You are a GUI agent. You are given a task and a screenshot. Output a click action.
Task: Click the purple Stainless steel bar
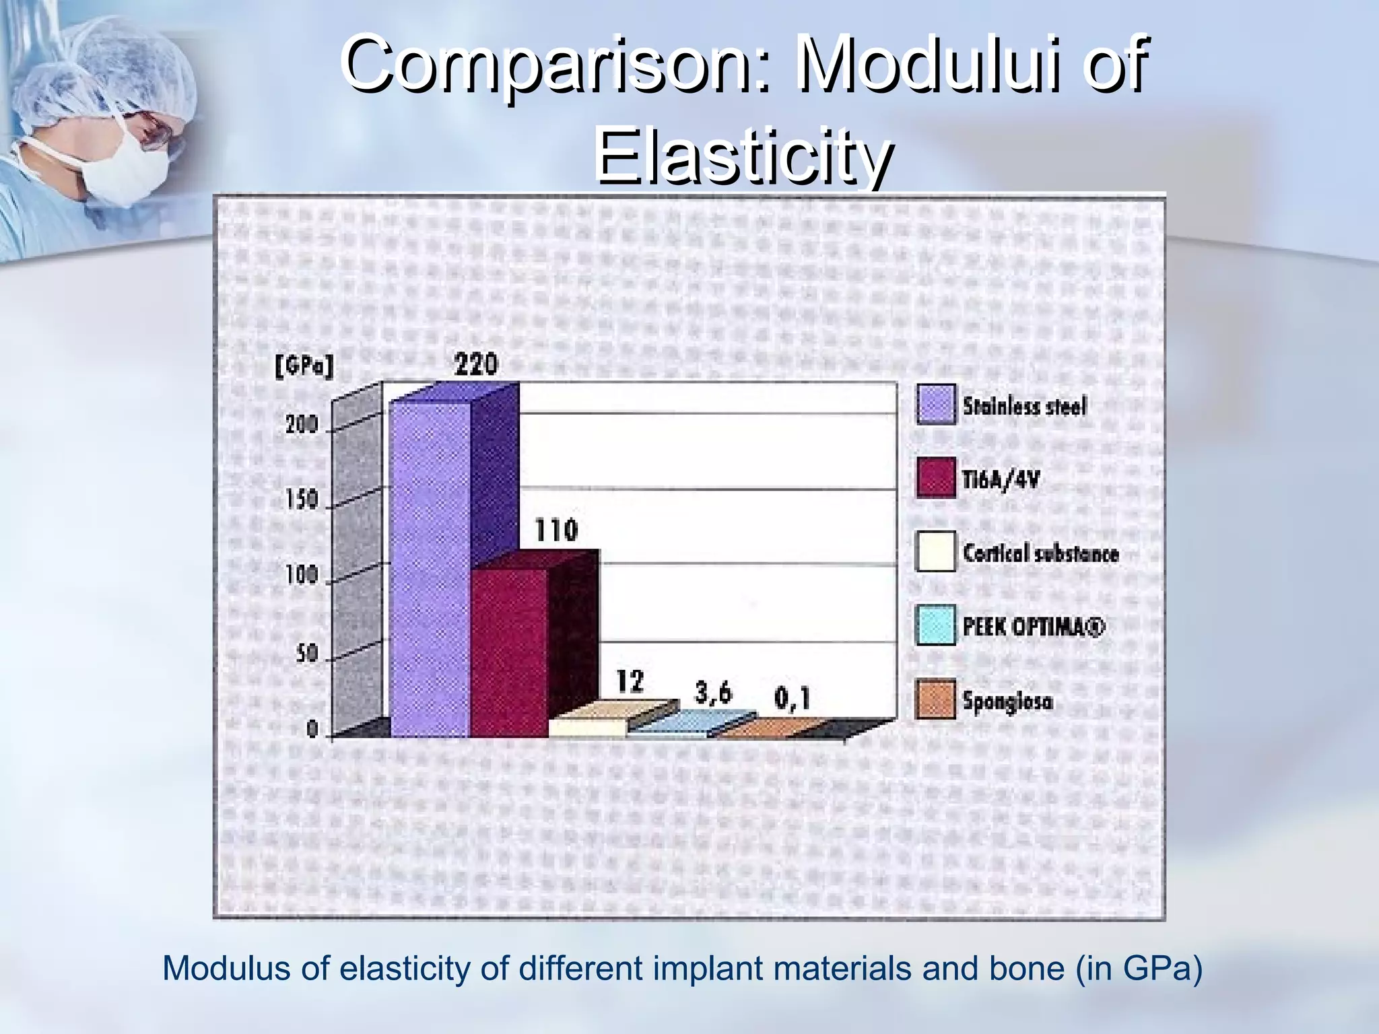pos(431,569)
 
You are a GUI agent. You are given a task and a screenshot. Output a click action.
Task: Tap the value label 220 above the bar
pos(476,365)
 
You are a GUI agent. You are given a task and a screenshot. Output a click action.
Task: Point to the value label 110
pos(556,530)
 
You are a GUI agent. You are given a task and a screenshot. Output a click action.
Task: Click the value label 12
pos(630,682)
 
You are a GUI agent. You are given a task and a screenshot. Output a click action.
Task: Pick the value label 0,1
pos(792,699)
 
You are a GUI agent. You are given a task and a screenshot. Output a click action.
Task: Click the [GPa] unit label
pos(304,368)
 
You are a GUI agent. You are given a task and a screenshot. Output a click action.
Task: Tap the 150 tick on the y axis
pos(300,500)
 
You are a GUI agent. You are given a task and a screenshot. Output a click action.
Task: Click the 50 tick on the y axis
pos(307,653)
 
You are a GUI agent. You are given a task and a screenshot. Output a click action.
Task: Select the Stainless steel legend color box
pos(935,405)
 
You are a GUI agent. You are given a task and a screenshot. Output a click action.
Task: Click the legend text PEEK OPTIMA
pos(1034,627)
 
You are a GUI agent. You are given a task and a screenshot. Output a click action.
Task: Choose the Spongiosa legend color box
pos(935,700)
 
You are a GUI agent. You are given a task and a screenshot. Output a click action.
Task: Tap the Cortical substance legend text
pos(1040,553)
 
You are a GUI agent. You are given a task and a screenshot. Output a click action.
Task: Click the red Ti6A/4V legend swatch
pos(935,478)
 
